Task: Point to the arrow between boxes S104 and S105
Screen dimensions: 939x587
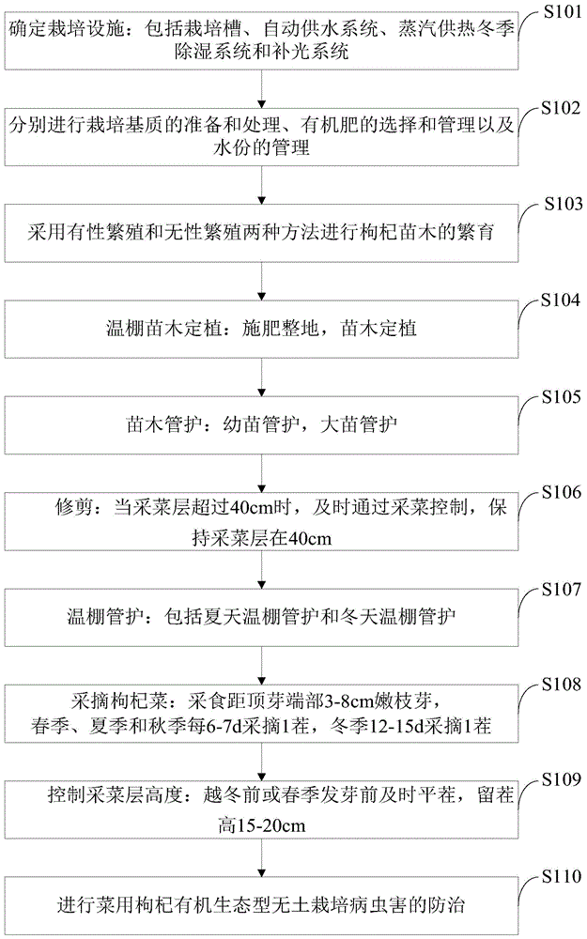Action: coord(260,374)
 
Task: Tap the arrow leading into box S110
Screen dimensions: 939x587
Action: coord(260,856)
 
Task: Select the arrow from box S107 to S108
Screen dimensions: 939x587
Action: coord(260,663)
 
